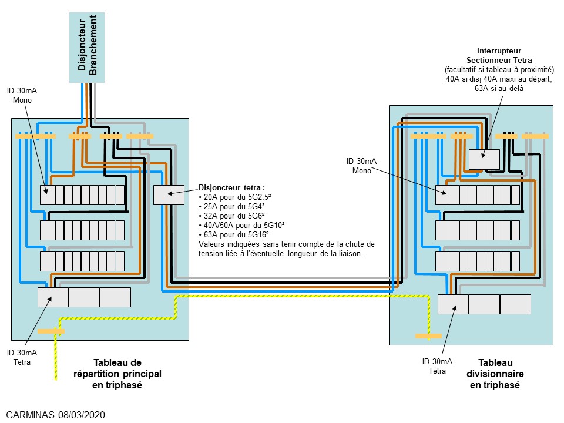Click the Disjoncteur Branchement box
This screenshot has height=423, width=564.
pos(88,47)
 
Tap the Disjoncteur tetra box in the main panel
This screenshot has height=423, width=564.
pos(169,194)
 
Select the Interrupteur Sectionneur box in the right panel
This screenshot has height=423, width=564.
pos(484,159)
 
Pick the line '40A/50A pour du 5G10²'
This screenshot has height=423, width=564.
pos(240,225)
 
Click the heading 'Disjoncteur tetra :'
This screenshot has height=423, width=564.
pos(232,187)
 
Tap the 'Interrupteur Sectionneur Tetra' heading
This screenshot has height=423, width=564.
pos(499,55)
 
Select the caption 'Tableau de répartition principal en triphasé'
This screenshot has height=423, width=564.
pos(117,374)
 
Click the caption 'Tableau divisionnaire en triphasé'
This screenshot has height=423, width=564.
pos(495,374)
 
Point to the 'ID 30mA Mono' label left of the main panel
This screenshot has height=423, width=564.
pos(23,95)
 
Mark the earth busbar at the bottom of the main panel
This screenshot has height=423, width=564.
pos(51,331)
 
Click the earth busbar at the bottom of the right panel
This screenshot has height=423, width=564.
pos(428,336)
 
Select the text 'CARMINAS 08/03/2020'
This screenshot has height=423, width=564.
pos(56,415)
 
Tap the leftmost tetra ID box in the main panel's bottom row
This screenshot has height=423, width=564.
pos(53,297)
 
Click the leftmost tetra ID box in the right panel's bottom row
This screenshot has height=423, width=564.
pos(453,304)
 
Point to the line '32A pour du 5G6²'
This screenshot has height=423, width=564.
pos(229,216)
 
